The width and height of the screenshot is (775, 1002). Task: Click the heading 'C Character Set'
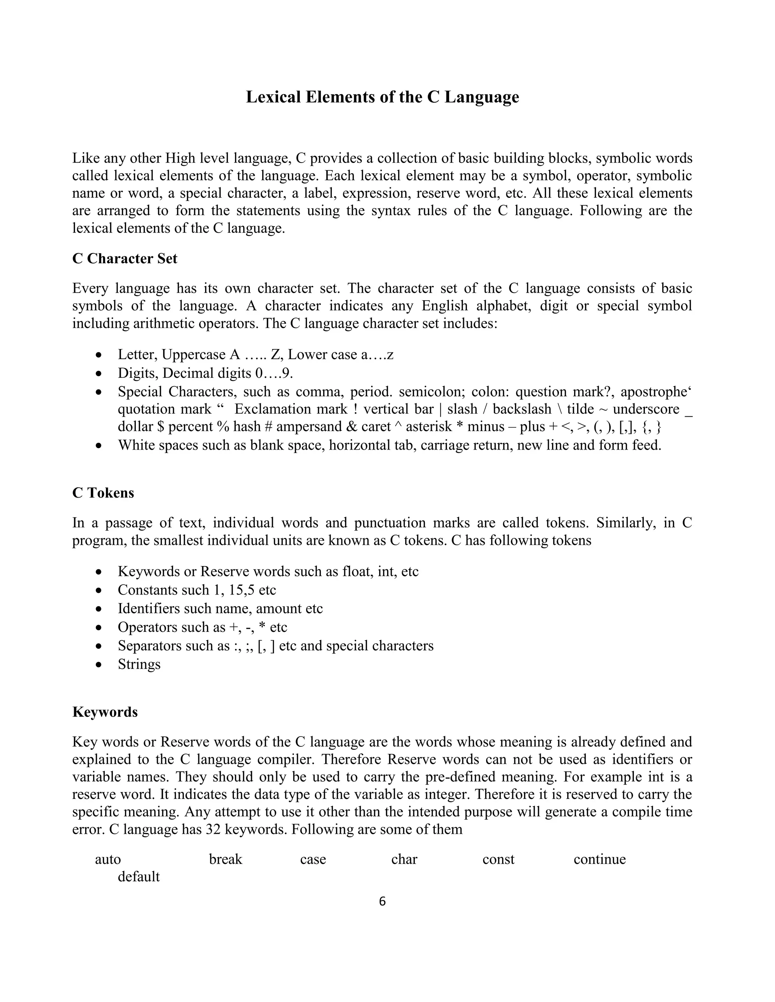[x=124, y=259]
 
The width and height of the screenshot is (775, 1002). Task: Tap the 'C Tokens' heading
[x=103, y=493]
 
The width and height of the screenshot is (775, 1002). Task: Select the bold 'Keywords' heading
[x=105, y=712]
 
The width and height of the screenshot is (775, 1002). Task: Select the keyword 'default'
[x=139, y=876]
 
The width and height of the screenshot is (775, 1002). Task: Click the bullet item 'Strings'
[x=139, y=664]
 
